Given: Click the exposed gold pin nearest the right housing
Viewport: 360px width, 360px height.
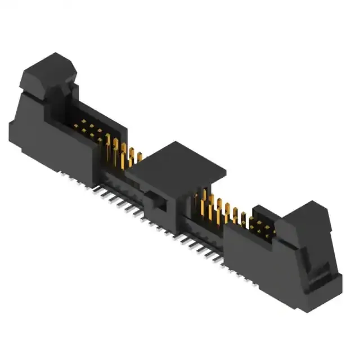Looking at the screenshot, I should click(243, 219).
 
